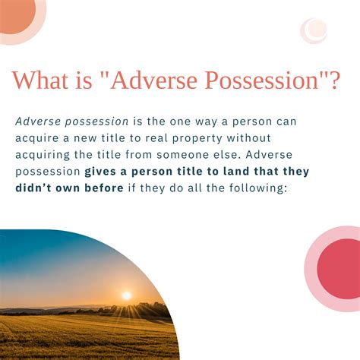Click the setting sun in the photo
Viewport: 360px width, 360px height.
[x=127, y=295]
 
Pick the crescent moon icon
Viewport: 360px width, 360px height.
[x=314, y=30]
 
